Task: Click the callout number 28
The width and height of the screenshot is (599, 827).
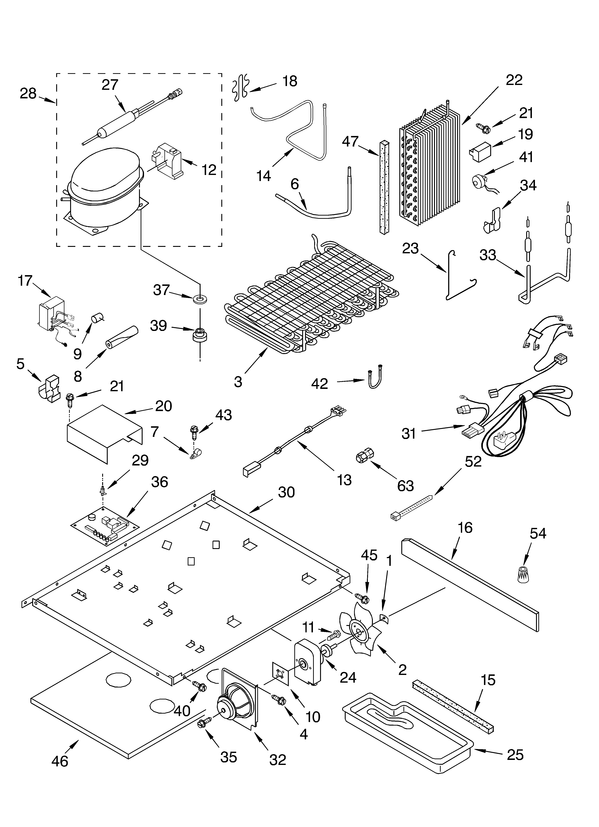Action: pos(28,94)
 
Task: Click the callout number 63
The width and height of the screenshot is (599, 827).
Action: pos(405,486)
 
